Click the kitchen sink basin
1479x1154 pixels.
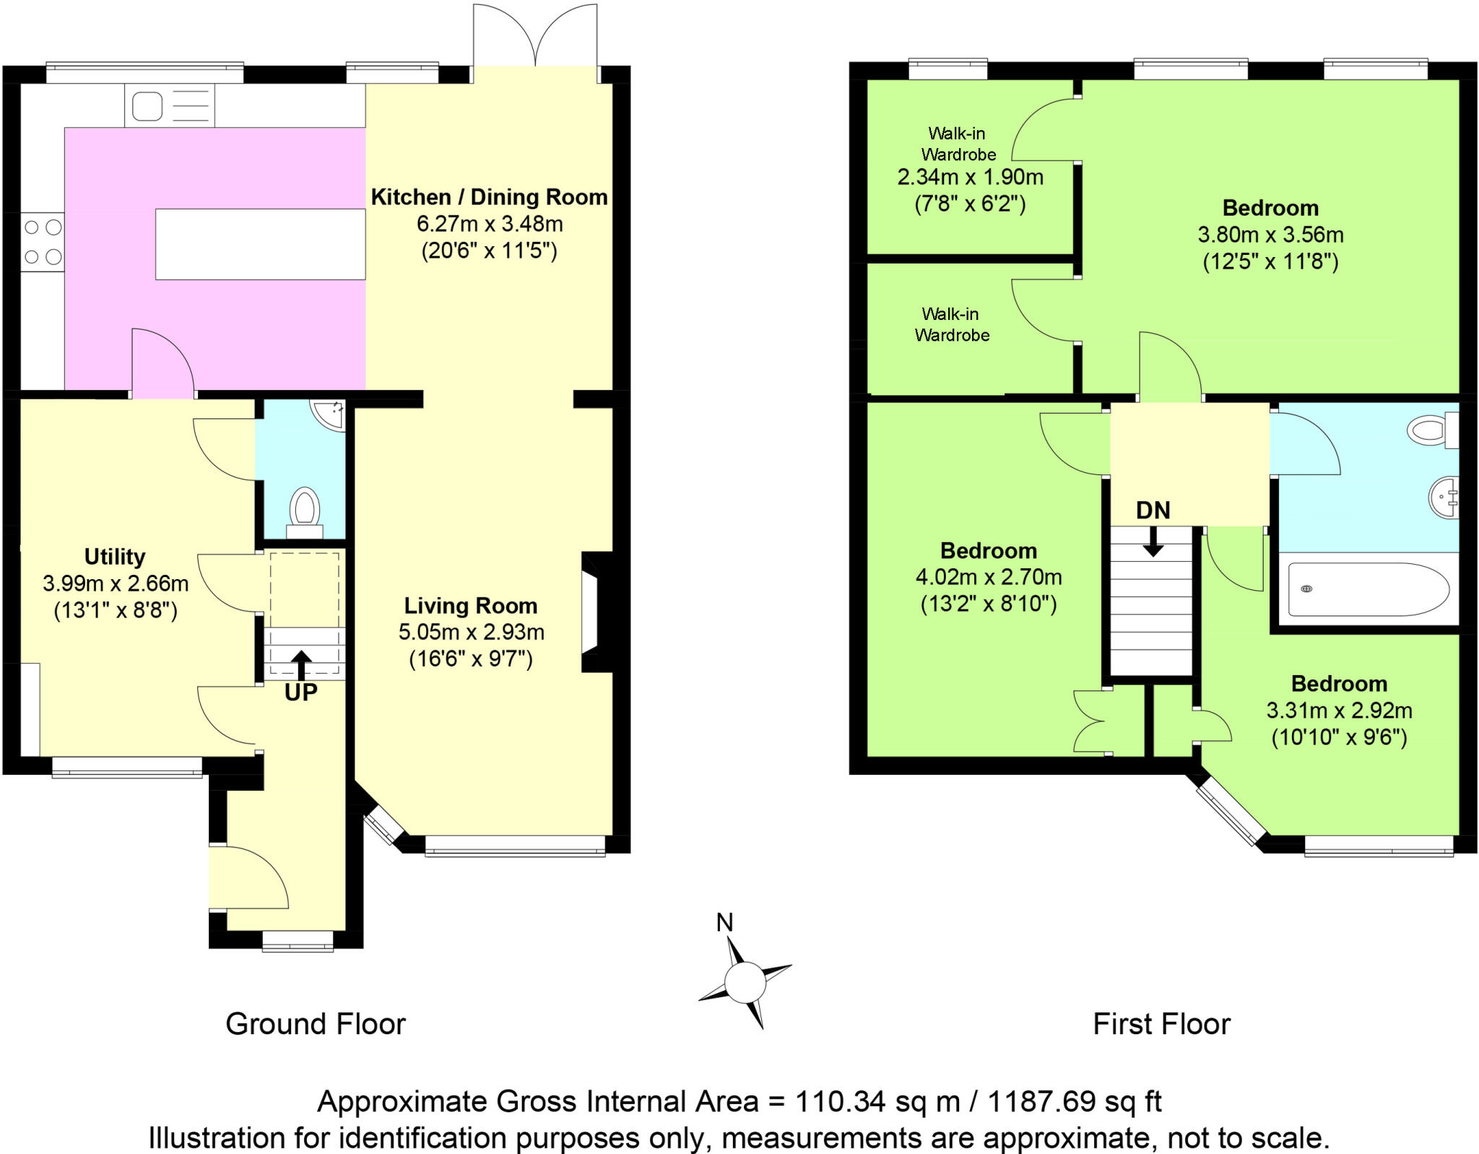point(147,107)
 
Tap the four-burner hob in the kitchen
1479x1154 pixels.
point(43,242)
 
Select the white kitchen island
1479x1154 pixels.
point(260,244)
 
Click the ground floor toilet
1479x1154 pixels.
point(305,508)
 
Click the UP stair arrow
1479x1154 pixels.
point(301,664)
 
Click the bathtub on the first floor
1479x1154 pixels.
point(1368,589)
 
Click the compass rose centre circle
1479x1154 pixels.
point(745,983)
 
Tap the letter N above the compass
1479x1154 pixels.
point(724,922)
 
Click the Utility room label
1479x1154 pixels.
point(115,557)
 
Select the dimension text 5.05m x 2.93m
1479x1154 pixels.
point(471,632)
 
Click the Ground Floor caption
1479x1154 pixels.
point(316,1024)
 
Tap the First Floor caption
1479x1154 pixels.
point(1161,1024)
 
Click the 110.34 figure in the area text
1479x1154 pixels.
point(840,1101)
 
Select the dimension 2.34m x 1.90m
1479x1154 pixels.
point(970,177)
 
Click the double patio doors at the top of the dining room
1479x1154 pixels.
point(535,36)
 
